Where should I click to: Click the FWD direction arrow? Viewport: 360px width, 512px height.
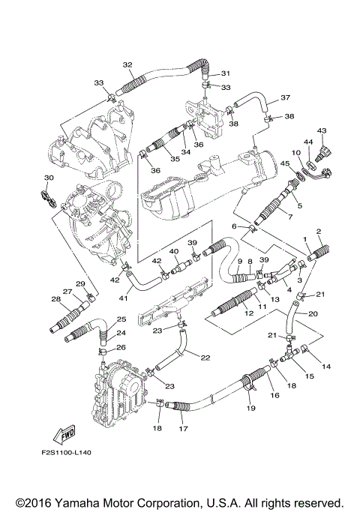pyautogui.click(x=64, y=434)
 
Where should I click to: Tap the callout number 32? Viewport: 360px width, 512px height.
pyautogui.click(x=127, y=65)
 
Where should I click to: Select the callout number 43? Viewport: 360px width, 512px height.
pyautogui.click(x=322, y=130)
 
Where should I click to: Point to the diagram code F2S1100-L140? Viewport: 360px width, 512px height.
pyautogui.click(x=66, y=453)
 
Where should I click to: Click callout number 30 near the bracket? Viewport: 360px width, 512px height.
pyautogui.click(x=49, y=178)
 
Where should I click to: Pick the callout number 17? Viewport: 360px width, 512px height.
pyautogui.click(x=184, y=428)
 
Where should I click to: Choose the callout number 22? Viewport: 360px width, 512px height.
pyautogui.click(x=205, y=358)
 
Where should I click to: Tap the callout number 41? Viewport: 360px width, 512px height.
pyautogui.click(x=124, y=298)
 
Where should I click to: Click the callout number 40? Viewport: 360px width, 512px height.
pyautogui.click(x=174, y=252)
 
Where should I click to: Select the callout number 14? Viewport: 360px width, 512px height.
pyautogui.click(x=326, y=367)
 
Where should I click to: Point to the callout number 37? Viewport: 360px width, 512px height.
pyautogui.click(x=285, y=97)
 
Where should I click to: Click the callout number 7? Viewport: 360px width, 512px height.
pyautogui.click(x=289, y=216)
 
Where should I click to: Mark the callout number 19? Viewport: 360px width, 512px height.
pyautogui.click(x=251, y=408)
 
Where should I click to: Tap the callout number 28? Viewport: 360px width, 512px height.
pyautogui.click(x=55, y=298)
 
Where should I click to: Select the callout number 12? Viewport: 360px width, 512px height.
pyautogui.click(x=249, y=313)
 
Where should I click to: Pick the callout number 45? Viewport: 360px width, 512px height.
pyautogui.click(x=285, y=163)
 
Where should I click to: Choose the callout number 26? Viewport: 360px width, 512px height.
pyautogui.click(x=121, y=347)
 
